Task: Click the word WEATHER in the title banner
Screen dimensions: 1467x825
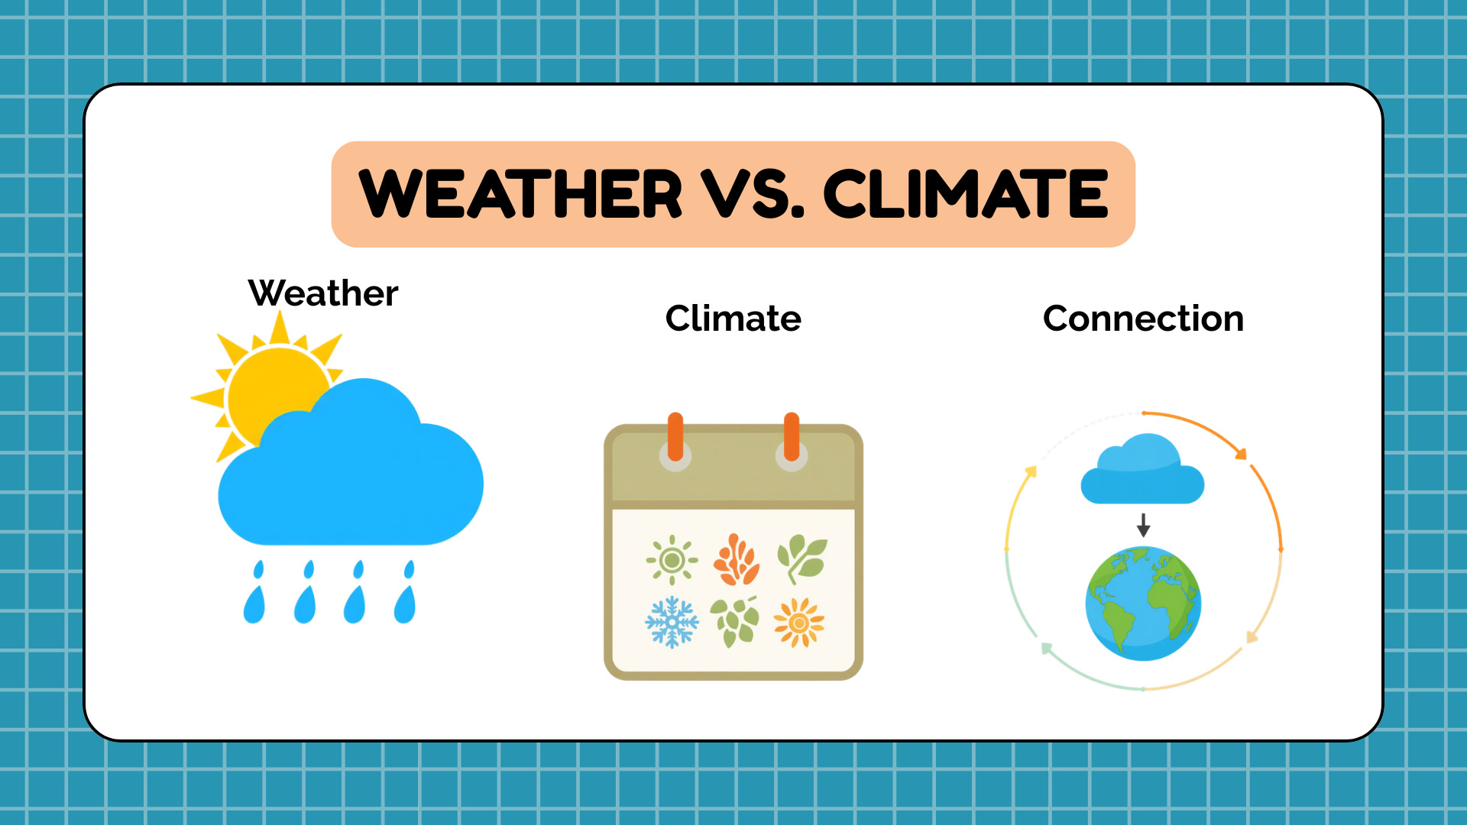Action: click(x=520, y=194)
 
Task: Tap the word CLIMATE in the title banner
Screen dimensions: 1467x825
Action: click(x=966, y=194)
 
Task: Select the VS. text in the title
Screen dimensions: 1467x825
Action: click(x=753, y=194)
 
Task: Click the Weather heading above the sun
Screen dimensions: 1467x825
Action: click(x=323, y=293)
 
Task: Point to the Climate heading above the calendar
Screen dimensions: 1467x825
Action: click(x=733, y=318)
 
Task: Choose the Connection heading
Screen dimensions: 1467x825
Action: click(x=1143, y=318)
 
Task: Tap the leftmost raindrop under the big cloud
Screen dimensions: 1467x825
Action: click(x=254, y=592)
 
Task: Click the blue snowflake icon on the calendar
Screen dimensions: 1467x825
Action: click(x=672, y=622)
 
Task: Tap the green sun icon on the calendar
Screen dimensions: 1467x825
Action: click(x=672, y=560)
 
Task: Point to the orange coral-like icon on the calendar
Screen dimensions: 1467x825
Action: click(x=736, y=559)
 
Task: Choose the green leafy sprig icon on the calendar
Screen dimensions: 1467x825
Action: click(x=802, y=559)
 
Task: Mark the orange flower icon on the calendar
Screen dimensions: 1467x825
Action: click(x=799, y=623)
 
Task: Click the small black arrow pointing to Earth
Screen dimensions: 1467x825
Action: click(x=1143, y=525)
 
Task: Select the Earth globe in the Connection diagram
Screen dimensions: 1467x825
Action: click(x=1143, y=603)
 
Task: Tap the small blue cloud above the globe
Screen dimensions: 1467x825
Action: click(x=1142, y=468)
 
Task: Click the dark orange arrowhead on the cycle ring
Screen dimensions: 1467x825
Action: click(x=1242, y=454)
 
